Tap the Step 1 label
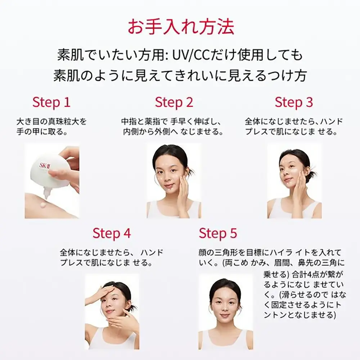click(51, 102)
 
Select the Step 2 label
click(174, 102)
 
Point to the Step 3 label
click(294, 102)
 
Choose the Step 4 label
click(112, 234)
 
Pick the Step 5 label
click(218, 234)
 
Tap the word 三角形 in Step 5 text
click(223, 253)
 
